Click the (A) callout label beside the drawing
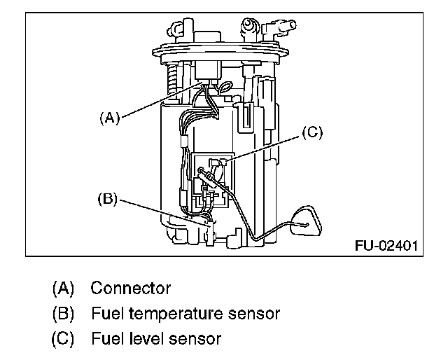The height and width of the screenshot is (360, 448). [x=108, y=118]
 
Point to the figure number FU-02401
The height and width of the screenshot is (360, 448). [x=386, y=247]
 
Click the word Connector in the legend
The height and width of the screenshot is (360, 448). [x=131, y=288]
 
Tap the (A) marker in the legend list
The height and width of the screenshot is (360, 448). [x=62, y=288]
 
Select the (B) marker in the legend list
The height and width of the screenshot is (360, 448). [x=62, y=313]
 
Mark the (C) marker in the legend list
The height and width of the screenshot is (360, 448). [x=62, y=339]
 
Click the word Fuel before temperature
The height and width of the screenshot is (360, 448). [x=106, y=313]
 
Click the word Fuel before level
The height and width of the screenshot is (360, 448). [x=106, y=339]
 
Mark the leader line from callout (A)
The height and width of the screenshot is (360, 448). [x=157, y=102]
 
